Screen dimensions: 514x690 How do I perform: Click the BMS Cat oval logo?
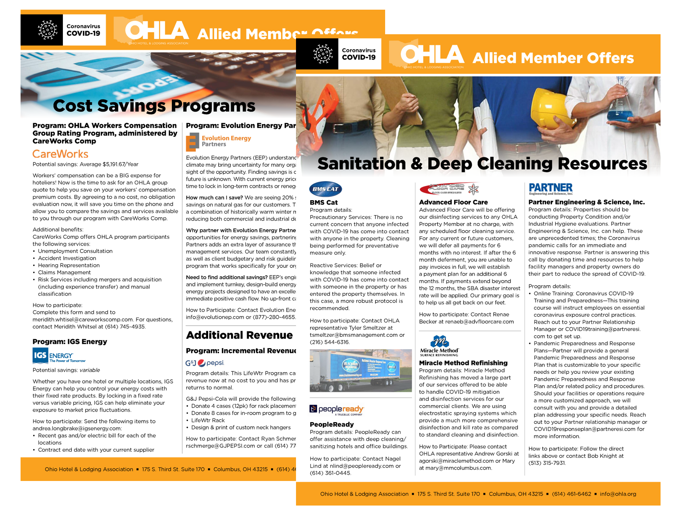325,189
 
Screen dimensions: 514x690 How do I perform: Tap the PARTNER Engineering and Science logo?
550,189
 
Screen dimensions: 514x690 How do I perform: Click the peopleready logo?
337,410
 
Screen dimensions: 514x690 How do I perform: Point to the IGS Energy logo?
59,356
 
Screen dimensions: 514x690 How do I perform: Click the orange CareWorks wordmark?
60,154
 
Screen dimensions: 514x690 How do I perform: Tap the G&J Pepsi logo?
204,363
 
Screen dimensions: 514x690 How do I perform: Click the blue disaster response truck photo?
361,371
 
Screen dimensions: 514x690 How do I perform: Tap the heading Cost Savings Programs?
154,106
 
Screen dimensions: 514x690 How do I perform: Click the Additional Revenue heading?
239,335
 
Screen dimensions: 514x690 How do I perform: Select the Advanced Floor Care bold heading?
453,202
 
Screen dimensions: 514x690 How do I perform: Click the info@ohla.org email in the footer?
618,494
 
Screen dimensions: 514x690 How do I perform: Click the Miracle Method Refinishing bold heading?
463,363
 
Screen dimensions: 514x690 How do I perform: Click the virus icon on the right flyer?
323,54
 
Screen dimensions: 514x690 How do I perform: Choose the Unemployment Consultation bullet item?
75,251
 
